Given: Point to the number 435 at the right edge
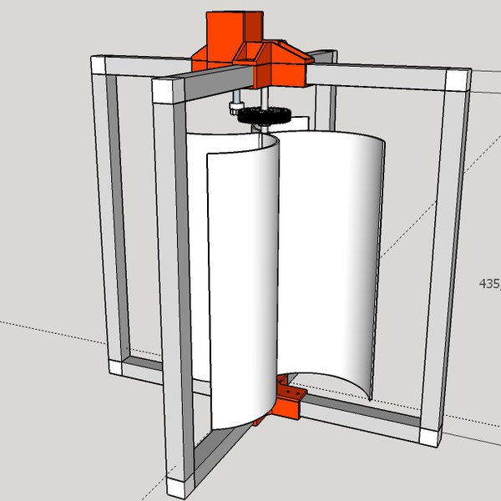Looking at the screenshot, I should click(x=488, y=283).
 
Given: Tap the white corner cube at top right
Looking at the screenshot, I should click(x=458, y=80).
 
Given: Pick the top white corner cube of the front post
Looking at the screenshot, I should click(x=166, y=87).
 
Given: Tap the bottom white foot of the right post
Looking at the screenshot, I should click(x=431, y=435).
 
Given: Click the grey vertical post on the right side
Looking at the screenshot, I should click(x=443, y=250).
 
